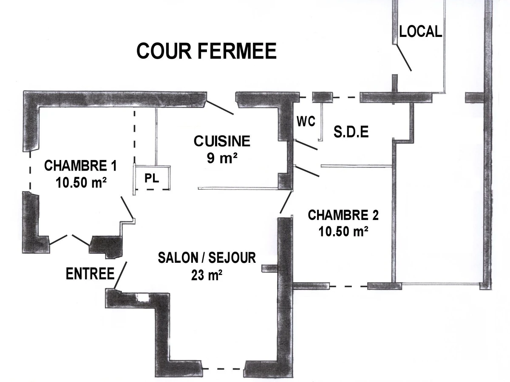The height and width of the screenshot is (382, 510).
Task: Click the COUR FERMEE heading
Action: coord(207,51)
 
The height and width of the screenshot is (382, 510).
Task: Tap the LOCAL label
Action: coord(420,31)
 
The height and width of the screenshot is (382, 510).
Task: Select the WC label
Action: coord(306,122)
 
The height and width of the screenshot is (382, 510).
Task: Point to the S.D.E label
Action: coord(351,132)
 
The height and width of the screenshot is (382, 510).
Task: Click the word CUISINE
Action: coord(222,141)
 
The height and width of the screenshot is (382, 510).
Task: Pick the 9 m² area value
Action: coord(222,159)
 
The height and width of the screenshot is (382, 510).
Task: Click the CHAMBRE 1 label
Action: coord(81,165)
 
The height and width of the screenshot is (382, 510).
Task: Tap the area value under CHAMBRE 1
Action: coord(81,183)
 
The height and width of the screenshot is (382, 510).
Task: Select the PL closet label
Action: coord(152,178)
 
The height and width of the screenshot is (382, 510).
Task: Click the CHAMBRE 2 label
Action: coord(343,215)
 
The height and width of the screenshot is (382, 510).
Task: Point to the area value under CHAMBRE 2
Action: coord(343,232)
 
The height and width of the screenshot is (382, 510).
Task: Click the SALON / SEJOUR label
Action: coord(207,258)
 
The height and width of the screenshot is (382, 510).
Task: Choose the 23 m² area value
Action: coord(207,275)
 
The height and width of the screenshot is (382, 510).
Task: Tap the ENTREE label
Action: coord(90,274)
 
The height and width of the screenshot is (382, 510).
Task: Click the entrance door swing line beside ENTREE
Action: coord(121,275)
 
